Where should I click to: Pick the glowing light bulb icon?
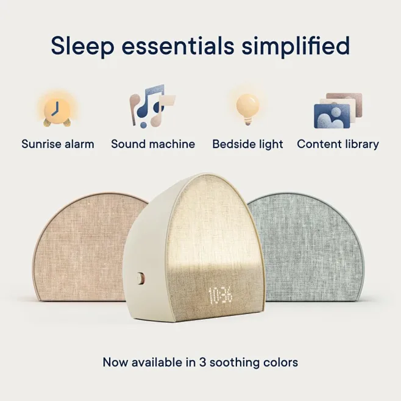247,107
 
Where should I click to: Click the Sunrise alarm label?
58,144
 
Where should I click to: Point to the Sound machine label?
153,144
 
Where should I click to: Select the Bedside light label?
247,144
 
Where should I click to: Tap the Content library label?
338,144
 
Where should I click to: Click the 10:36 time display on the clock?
221,296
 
